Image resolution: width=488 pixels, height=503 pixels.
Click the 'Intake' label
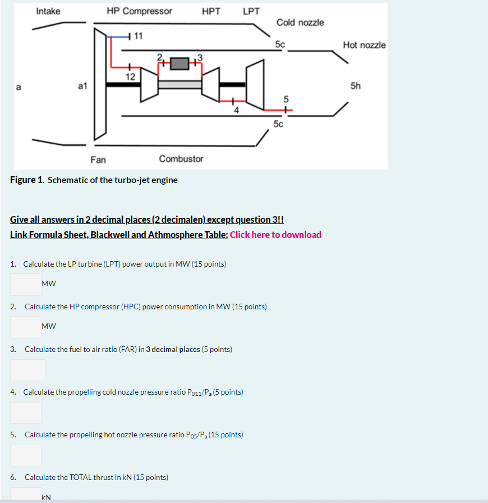coord(48,11)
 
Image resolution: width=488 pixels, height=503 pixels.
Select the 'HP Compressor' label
coord(139,11)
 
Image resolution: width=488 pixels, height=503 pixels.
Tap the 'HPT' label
coord(211,11)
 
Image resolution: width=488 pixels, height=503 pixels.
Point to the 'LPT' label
coord(251,11)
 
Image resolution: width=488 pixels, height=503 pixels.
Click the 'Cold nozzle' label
coord(300,22)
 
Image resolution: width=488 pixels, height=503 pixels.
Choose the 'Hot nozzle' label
coord(364,45)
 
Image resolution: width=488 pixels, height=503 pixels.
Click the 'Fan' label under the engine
coord(98,159)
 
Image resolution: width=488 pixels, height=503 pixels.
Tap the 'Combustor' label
coord(181,159)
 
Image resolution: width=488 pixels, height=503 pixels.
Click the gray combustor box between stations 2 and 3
coord(179,63)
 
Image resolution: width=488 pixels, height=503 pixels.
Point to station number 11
coord(139,36)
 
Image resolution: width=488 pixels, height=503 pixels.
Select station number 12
coord(130,76)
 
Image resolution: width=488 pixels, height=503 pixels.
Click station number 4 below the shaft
coord(236,110)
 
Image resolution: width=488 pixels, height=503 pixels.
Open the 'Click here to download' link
coord(275,235)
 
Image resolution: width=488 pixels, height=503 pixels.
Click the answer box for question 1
coord(26,284)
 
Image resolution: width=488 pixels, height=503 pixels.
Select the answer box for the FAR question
coord(27,370)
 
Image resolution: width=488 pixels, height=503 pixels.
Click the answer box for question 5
coord(26,455)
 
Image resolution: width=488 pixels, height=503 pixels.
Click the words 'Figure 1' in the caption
coord(26,180)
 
